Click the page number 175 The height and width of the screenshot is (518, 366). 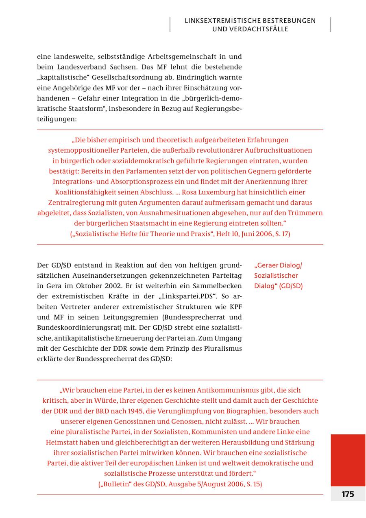(x=348, y=494)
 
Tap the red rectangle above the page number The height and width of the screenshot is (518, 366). (x=348, y=460)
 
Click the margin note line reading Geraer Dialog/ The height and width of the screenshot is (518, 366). (x=278, y=265)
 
